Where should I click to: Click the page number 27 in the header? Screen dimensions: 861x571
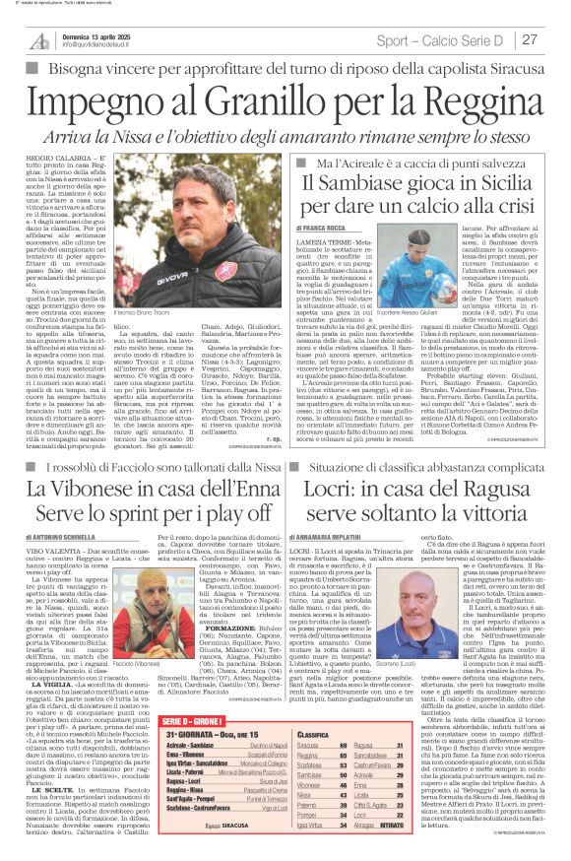(x=530, y=39)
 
